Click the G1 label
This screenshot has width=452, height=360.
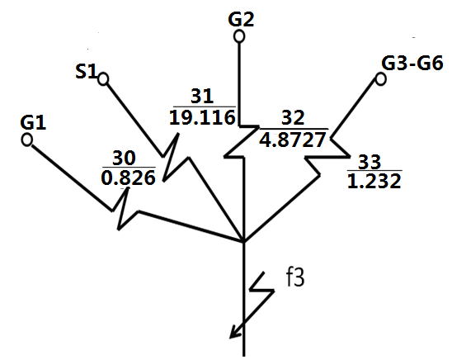point(33,122)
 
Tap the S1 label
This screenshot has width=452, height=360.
point(86,71)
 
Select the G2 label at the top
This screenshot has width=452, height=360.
point(241,20)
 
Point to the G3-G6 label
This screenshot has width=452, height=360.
point(412,63)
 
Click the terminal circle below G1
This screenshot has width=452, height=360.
point(27,140)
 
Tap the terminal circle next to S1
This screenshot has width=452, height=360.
point(103,78)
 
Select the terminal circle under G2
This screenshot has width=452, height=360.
point(239,36)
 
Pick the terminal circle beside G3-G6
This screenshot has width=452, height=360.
point(380,79)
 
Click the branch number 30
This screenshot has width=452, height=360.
point(124,158)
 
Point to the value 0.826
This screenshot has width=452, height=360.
point(129,178)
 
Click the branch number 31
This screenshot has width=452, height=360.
point(202,96)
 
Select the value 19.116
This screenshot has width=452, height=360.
point(202,117)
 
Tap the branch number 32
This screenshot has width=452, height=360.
point(293,117)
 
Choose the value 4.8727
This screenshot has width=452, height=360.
point(293,140)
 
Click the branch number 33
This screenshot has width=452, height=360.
point(370,162)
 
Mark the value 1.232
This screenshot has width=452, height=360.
point(374,182)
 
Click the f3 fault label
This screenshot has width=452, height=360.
point(295,277)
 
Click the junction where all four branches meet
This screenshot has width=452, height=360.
point(244,241)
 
